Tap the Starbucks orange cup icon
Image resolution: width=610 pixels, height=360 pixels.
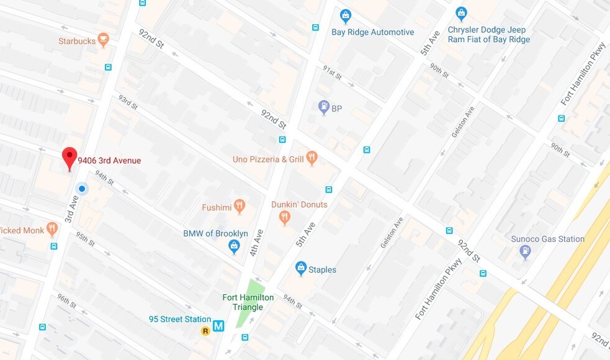point(104,40)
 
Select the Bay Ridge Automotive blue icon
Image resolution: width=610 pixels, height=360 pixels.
point(346,16)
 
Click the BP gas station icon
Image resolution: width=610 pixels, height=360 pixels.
point(323,108)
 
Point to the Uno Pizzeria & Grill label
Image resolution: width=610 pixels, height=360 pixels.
point(268,160)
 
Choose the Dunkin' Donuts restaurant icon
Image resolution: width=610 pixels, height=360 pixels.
point(284,217)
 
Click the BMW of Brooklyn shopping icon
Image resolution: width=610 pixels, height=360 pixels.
point(234,247)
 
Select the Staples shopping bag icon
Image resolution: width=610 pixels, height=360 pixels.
point(301,269)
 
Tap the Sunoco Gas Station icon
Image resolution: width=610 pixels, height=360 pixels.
point(525,252)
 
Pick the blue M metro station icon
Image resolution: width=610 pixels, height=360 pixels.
point(218,325)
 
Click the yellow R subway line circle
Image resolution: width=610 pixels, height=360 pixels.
point(205,331)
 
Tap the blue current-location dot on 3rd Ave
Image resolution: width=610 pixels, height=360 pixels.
point(81,188)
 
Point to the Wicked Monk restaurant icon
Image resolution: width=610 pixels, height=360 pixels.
point(52,230)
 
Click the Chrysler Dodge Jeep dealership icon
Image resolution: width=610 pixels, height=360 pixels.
point(461,13)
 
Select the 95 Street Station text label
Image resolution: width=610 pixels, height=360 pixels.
point(179,319)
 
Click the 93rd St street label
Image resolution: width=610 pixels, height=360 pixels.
point(128,102)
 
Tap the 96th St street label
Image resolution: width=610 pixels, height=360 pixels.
point(66,300)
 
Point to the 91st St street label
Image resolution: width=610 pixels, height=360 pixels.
point(332,73)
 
